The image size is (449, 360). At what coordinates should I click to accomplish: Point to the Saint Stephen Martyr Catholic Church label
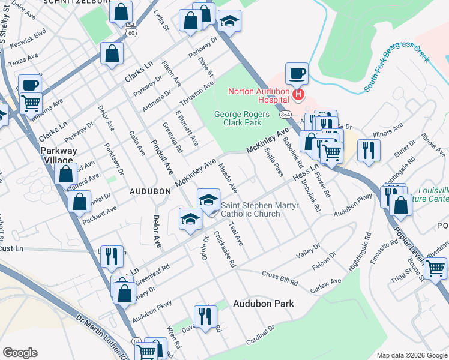click(250, 209)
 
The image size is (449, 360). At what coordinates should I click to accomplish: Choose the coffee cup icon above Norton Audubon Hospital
click(297, 74)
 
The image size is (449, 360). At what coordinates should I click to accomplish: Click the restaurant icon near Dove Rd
click(205, 316)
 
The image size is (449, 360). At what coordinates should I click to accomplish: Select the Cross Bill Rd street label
click(280, 278)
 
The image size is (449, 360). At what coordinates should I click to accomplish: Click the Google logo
click(20, 352)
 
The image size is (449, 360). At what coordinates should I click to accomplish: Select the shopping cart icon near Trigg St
click(436, 268)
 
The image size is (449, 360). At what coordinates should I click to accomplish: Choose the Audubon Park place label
click(264, 304)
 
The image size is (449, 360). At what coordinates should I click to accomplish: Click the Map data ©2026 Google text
click(411, 355)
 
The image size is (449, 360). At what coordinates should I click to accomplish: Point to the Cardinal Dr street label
click(260, 335)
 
